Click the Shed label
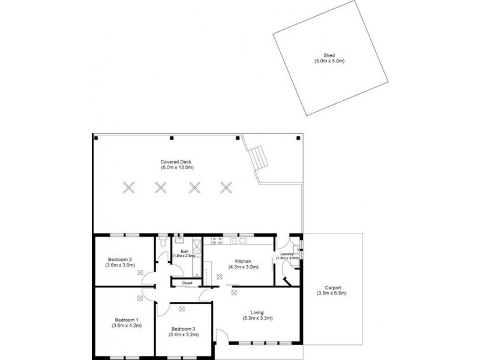pos(329,58)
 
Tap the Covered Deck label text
pos(175,164)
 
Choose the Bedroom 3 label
pos(184,332)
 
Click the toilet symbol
pos(163,244)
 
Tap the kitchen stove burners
pos(217,242)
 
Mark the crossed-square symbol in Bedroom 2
pos(140,272)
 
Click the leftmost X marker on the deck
pos(128,187)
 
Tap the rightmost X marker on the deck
pos(226,187)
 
